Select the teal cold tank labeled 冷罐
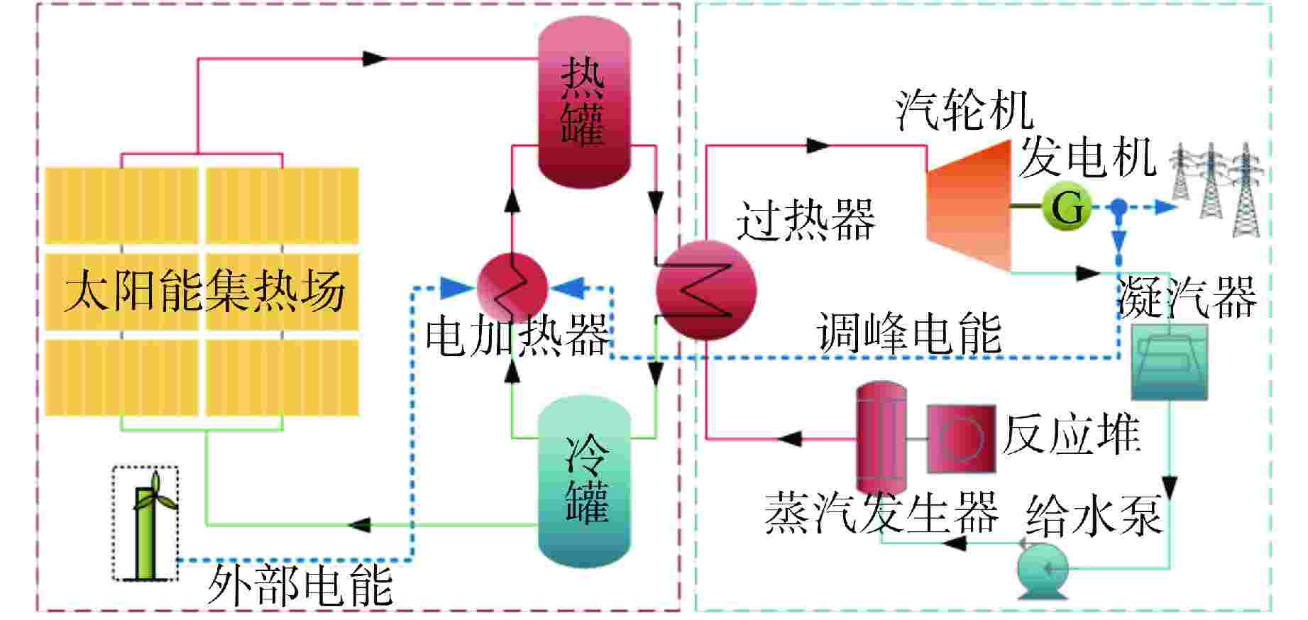click(584, 482)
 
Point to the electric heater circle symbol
click(512, 288)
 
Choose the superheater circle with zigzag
click(706, 290)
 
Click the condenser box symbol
click(1168, 362)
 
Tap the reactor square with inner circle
click(961, 438)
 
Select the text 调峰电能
click(908, 331)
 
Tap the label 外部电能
click(299, 586)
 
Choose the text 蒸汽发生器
click(881, 512)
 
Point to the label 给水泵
click(1094, 514)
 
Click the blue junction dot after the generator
click(1119, 208)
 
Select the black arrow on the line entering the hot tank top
click(375, 58)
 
